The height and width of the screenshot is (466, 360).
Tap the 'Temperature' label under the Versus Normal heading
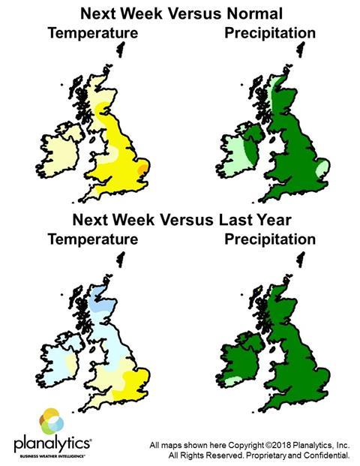(x=92, y=34)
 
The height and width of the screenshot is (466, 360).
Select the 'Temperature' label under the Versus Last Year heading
(x=92, y=241)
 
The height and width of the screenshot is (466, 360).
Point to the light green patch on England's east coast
(x=321, y=170)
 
